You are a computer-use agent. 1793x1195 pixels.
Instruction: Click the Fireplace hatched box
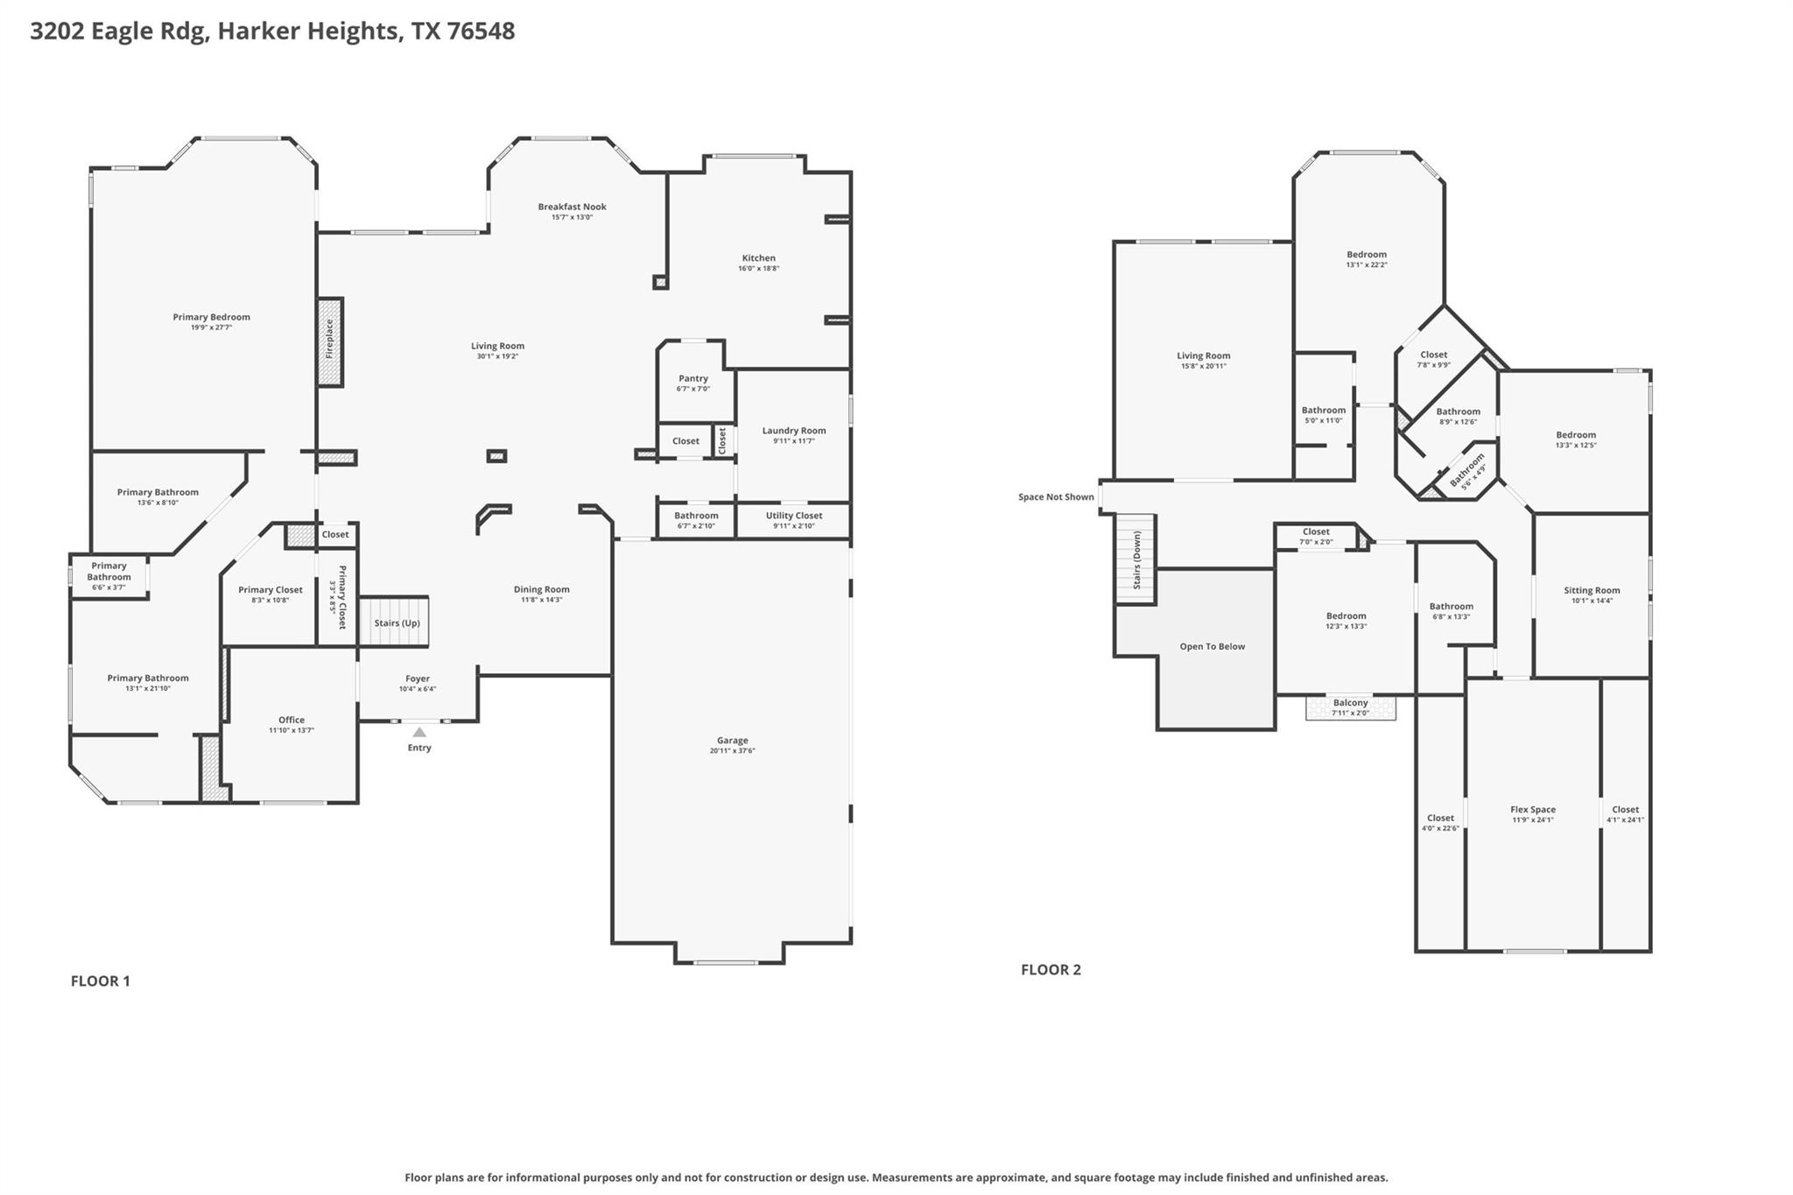[330, 341]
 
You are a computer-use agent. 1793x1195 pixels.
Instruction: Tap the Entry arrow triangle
[419, 732]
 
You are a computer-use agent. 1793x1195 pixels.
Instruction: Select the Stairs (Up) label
[397, 622]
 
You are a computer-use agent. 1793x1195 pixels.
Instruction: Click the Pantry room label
[693, 378]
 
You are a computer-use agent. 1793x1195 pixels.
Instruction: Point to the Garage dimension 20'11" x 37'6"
[732, 751]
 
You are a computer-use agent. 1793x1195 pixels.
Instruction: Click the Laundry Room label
[793, 430]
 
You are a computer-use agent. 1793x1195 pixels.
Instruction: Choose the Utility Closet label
[793, 516]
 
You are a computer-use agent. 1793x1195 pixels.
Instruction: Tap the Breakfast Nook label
[572, 207]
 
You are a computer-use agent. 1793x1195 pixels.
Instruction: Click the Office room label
[292, 720]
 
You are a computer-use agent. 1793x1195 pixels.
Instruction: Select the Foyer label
[418, 678]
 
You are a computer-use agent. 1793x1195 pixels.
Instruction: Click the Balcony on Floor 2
[1350, 706]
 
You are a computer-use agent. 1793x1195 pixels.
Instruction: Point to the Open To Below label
[1212, 646]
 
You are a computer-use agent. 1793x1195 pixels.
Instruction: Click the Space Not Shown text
[1055, 496]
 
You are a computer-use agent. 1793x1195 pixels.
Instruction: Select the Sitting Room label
[1591, 590]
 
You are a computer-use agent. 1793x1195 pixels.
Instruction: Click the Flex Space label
[1532, 810]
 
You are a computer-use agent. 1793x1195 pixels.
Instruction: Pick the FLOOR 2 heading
[1051, 969]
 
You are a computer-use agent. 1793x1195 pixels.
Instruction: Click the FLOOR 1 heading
[100, 981]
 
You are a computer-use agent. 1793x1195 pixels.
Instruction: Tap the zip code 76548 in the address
[481, 31]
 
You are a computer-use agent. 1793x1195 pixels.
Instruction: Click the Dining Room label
[541, 589]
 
